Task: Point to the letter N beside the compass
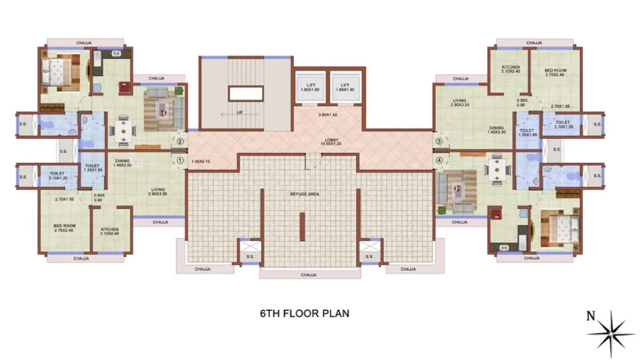click(x=591, y=316)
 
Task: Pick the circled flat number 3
click(x=439, y=141)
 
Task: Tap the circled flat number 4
click(x=439, y=159)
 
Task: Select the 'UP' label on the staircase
click(x=240, y=113)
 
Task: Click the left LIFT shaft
click(x=310, y=87)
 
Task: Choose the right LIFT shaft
click(x=344, y=87)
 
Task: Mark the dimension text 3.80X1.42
click(x=328, y=115)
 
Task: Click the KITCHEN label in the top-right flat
click(x=510, y=68)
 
